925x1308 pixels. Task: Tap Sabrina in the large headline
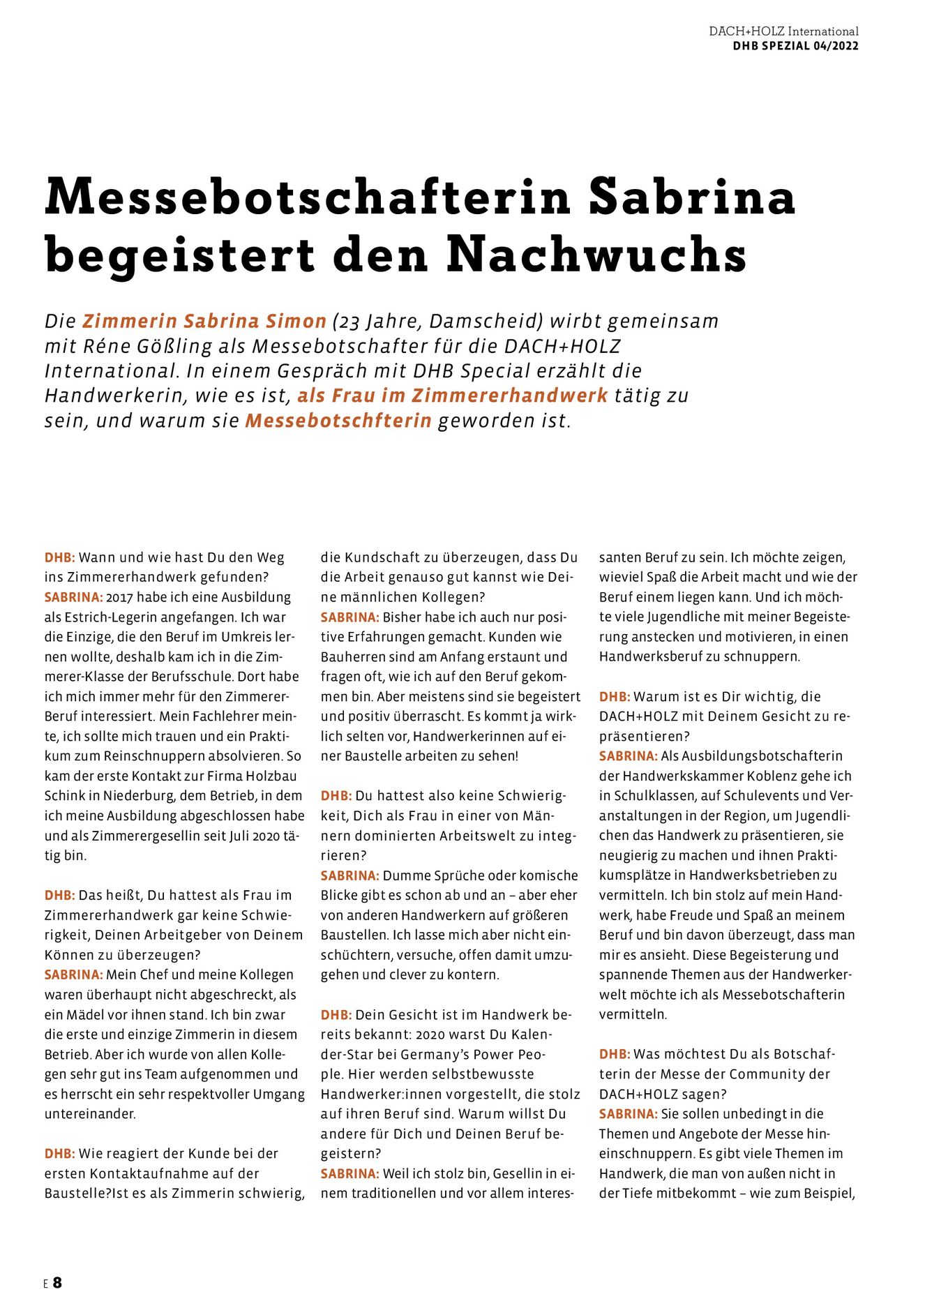tap(692, 197)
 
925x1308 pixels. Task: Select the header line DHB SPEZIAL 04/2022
tap(795, 46)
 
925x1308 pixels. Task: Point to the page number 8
tap(57, 1282)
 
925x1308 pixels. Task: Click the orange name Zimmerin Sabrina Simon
tap(204, 321)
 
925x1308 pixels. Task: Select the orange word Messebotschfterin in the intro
tap(338, 421)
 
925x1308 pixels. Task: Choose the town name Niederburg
tap(127, 796)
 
